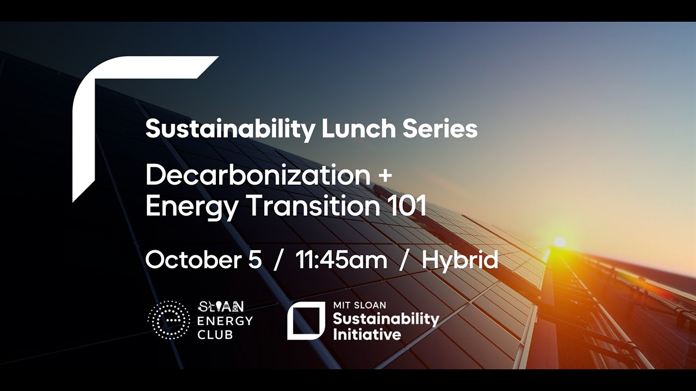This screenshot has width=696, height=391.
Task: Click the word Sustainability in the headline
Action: (230, 130)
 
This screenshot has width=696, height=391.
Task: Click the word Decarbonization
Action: (258, 175)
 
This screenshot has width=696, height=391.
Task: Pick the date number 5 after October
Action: (254, 260)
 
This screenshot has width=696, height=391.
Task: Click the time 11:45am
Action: (341, 260)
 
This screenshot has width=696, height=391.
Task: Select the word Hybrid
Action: (460, 261)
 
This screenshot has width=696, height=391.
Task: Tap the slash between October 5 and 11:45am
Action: (279, 261)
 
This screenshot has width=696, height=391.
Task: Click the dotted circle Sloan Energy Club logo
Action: (169, 320)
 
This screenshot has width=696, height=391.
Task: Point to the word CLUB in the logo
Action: (215, 335)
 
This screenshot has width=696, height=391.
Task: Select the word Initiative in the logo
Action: (366, 333)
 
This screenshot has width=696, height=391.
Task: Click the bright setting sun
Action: (558, 242)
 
